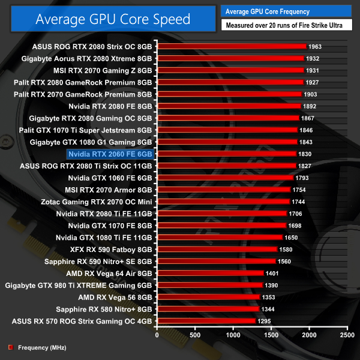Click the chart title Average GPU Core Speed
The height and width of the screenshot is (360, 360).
point(113,19)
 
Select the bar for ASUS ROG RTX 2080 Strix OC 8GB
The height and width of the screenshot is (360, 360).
point(231,46)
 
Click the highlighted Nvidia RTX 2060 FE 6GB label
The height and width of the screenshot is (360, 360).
point(111,154)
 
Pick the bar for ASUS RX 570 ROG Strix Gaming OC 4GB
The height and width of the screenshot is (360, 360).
point(206,321)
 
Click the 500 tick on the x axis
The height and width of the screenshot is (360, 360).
point(195,335)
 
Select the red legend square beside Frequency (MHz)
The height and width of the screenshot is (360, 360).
point(10,347)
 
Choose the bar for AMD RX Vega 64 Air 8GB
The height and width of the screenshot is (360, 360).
point(210,273)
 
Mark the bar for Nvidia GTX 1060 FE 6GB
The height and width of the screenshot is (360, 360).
point(225,178)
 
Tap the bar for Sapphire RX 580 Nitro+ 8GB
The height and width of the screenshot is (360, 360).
point(208,309)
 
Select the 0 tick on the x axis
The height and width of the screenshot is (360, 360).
point(157,335)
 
